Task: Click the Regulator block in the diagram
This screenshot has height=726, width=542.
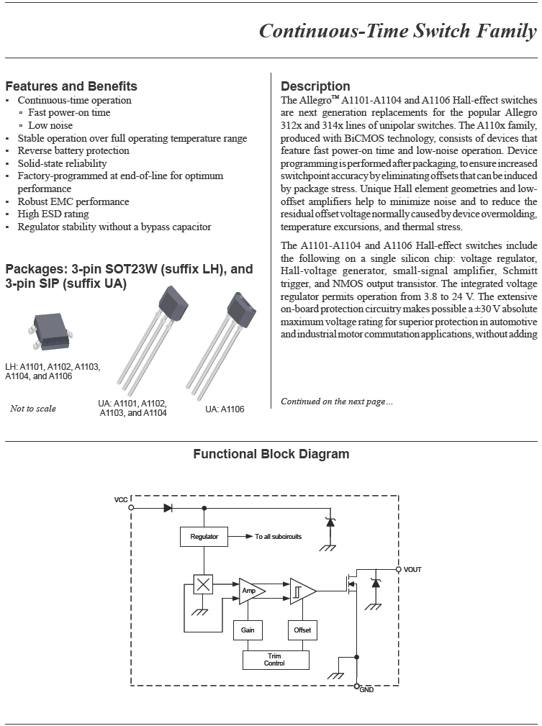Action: tap(204, 537)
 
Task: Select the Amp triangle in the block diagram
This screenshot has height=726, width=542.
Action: tap(250, 590)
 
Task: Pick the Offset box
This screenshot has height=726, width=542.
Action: tap(302, 630)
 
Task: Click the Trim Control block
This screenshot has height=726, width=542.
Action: tap(275, 659)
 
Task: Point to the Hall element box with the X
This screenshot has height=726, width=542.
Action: tap(204, 584)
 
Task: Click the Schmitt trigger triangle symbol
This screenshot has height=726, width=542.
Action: tap(302, 590)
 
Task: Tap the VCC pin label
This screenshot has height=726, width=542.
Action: tap(122, 499)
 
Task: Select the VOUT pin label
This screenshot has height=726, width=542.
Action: tap(412, 570)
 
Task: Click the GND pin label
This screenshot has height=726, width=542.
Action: tap(366, 690)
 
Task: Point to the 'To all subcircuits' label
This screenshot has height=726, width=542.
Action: tap(278, 537)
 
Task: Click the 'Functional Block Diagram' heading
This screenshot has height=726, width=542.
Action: tap(271, 454)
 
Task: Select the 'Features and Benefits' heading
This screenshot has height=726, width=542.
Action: tap(71, 86)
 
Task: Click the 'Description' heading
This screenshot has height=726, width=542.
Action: tap(315, 86)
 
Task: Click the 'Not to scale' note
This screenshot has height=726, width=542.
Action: tap(33, 409)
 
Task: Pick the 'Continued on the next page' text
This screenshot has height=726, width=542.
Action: tap(337, 401)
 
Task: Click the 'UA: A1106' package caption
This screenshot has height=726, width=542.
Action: tap(225, 409)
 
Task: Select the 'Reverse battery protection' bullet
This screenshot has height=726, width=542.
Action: tap(73, 150)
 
